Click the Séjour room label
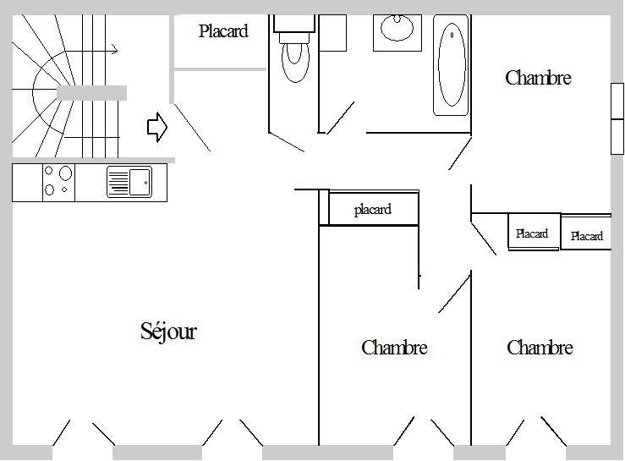168,332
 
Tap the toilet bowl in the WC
295,61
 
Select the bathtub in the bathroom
452,65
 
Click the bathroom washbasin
397,28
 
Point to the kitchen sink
129,182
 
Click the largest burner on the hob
65,173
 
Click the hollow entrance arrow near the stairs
157,127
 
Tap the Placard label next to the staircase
223,31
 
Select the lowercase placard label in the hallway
373,210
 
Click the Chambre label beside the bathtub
538,78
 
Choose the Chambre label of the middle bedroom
395,348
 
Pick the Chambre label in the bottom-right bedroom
540,348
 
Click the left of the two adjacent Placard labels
532,233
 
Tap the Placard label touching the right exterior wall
586,236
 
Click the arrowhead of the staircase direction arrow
115,50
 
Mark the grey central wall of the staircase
91,93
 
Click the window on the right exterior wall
617,118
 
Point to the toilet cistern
294,24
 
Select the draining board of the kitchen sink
118,182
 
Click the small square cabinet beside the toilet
333,33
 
